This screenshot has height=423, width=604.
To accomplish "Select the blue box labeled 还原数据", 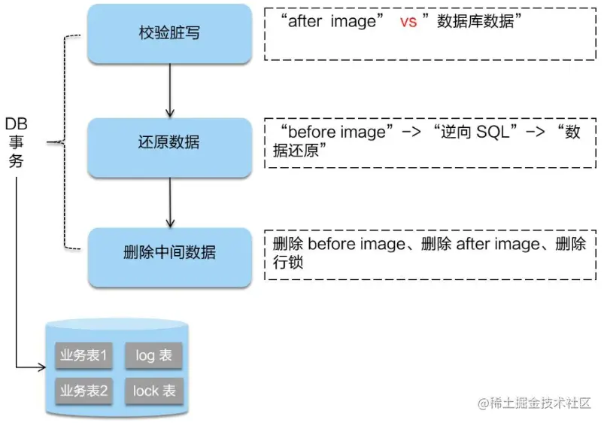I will (x=169, y=143).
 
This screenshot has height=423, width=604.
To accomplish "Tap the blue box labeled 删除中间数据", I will (x=169, y=253).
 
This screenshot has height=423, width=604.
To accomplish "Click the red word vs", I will (x=408, y=23).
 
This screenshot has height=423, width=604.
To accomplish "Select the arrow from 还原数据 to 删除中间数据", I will (x=170, y=201).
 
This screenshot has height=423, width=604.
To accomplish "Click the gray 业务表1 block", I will (x=83, y=355).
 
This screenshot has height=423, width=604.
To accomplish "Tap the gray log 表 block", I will (x=155, y=355).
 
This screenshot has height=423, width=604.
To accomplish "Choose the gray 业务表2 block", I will (x=83, y=391).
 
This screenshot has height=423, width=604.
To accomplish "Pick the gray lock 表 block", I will (x=155, y=391).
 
